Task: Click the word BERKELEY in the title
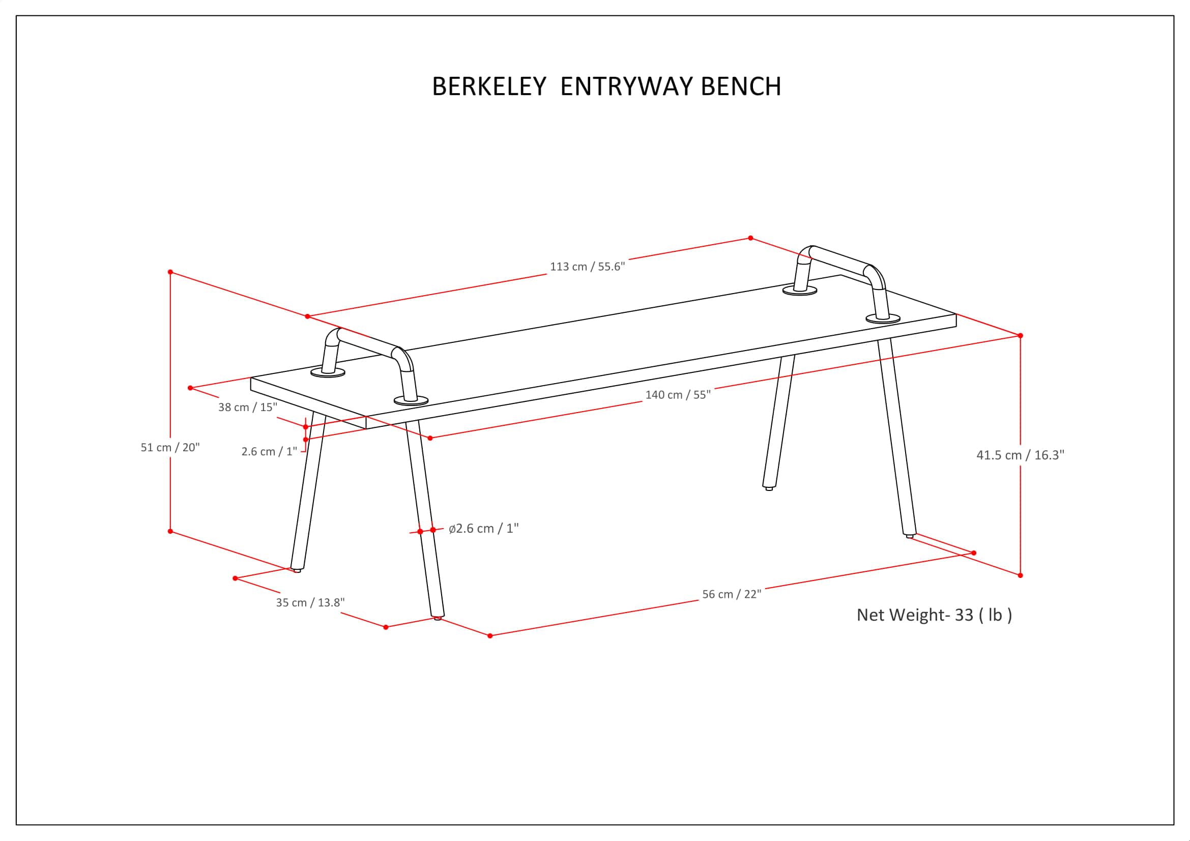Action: click(x=489, y=86)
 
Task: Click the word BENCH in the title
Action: click(x=741, y=86)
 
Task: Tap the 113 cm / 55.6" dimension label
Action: click(x=587, y=267)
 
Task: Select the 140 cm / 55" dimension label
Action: click(x=677, y=395)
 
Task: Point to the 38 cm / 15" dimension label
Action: click(x=248, y=408)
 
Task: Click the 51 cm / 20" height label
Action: click(x=170, y=448)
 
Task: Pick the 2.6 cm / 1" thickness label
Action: click(x=269, y=452)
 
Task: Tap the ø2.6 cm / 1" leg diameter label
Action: click(x=483, y=529)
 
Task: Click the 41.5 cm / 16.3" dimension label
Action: click(x=1020, y=455)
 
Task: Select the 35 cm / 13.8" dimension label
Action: click(x=310, y=602)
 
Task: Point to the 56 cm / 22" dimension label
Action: click(x=731, y=594)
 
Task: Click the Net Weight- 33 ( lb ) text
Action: click(x=934, y=615)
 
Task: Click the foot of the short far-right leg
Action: click(x=769, y=488)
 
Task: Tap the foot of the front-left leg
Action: click(x=297, y=570)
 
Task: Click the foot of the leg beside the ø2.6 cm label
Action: click(x=438, y=618)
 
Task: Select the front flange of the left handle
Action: click(x=411, y=400)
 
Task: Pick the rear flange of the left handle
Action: click(x=328, y=372)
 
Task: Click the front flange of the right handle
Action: click(x=883, y=318)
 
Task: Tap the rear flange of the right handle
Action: click(x=799, y=291)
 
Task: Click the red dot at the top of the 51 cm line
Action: click(x=170, y=272)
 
